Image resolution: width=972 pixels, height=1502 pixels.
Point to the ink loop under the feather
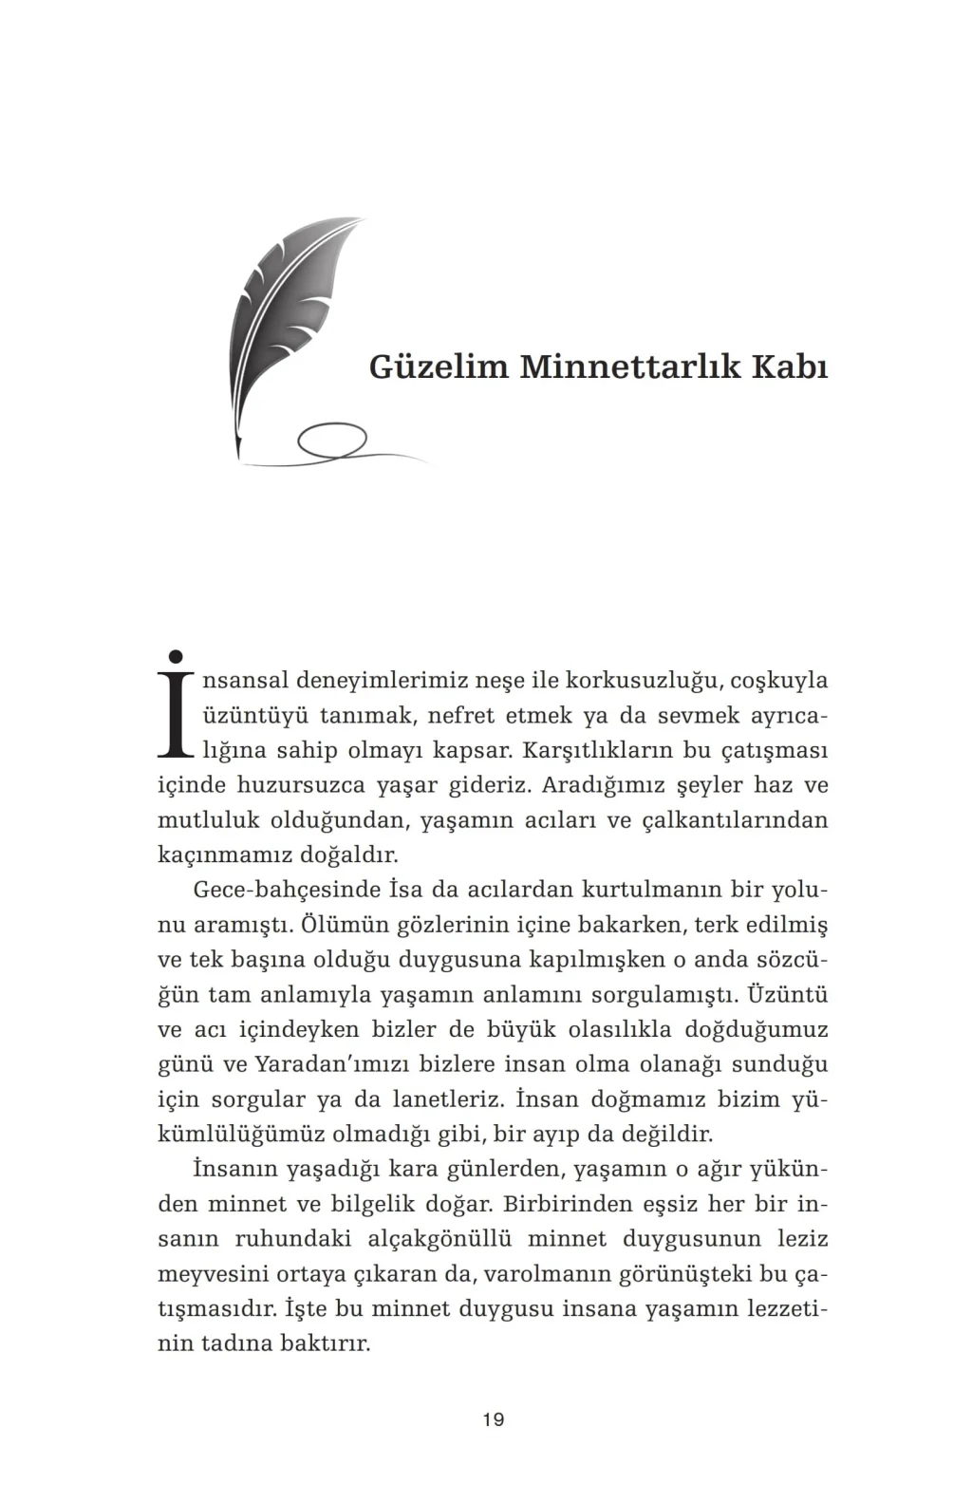[331, 441]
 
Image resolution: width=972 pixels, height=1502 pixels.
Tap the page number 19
[493, 1420]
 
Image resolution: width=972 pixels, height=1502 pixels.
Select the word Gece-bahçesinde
[286, 891]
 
